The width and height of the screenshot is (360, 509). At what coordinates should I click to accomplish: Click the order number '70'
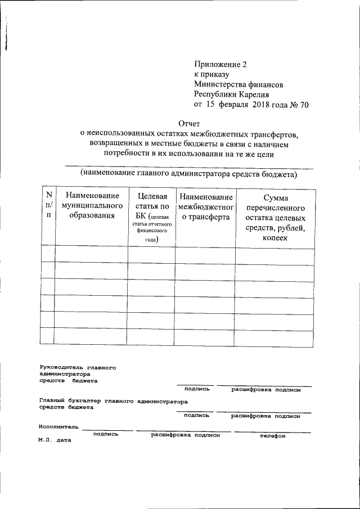tap(303, 105)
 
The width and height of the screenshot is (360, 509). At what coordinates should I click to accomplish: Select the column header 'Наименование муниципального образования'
tap(92, 205)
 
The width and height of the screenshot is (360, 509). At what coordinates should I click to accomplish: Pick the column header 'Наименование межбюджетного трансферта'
tap(205, 206)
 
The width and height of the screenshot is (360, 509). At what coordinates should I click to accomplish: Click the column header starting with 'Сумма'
tap(275, 218)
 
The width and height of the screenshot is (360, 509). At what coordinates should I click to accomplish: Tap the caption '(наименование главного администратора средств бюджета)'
tap(189, 174)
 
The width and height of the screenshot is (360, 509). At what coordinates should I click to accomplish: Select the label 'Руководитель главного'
tap(78, 367)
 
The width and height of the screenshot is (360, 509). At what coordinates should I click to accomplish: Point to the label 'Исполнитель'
tap(59, 427)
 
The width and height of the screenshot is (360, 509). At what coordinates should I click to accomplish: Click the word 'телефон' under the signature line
tap(272, 436)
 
